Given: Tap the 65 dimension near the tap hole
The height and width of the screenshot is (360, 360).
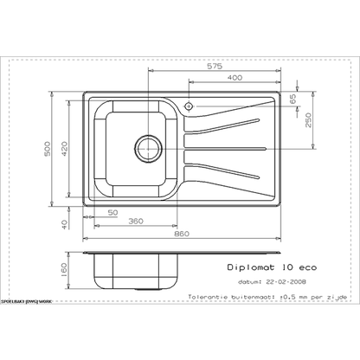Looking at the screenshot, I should pos(293,100).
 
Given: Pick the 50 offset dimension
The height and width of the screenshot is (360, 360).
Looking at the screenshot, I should pos(112,212).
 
